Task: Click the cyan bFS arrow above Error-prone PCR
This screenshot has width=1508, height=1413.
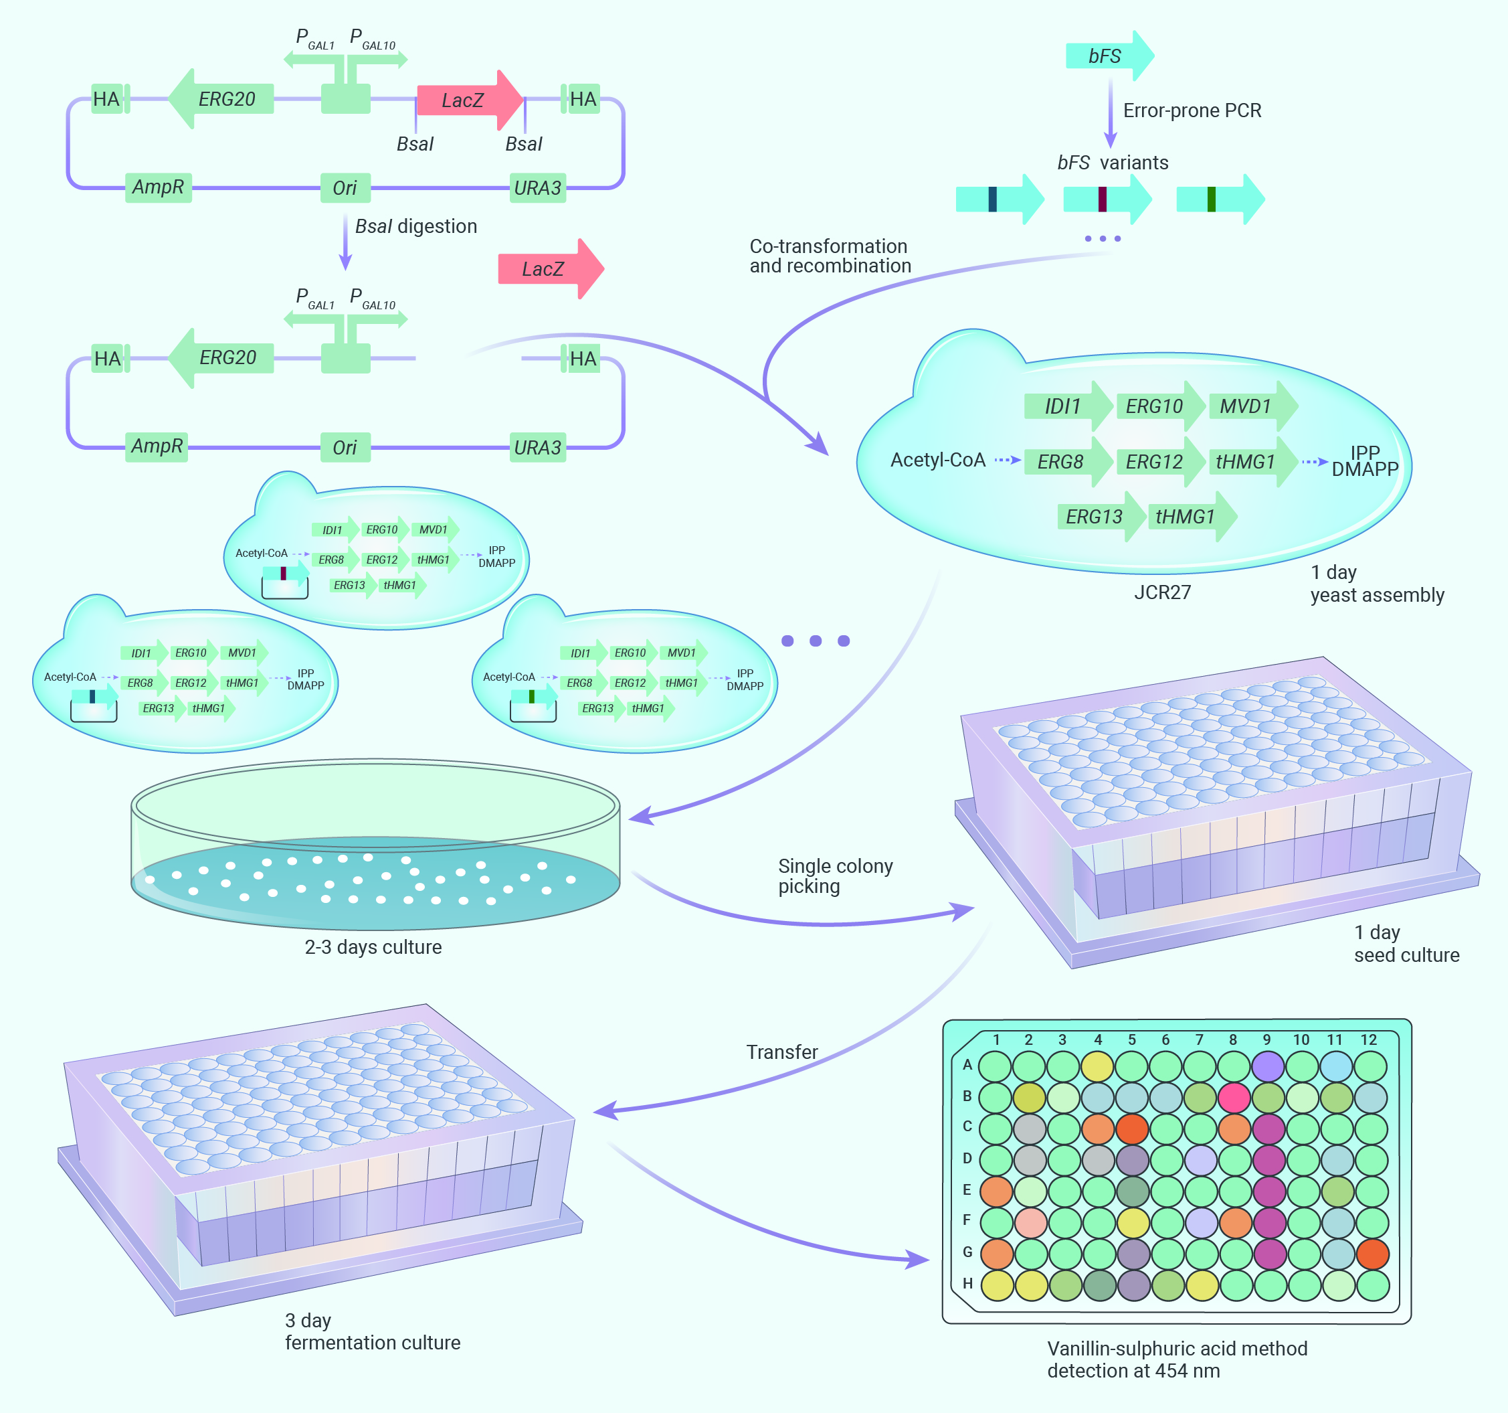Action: pos(1109,56)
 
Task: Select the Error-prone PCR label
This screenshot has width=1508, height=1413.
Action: pos(1192,111)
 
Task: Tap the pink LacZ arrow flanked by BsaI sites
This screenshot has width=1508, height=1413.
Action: pos(470,100)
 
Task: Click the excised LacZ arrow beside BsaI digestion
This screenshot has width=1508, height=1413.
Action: pos(551,268)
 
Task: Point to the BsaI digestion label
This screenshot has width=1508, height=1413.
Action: pos(415,226)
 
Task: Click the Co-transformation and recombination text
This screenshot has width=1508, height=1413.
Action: pos(830,256)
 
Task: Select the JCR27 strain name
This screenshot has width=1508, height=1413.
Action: pos(1162,592)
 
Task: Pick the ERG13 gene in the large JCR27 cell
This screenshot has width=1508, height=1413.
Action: pos(1101,517)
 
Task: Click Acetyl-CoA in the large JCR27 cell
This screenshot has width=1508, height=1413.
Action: pos(937,460)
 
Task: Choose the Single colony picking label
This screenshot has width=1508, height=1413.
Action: pos(835,876)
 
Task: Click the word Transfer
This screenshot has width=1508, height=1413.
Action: pos(781,1052)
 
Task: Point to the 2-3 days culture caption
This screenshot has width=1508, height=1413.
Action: pos(373,947)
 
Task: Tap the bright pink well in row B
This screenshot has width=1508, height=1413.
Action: pos(1234,1097)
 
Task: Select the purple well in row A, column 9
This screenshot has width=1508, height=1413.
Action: pos(1268,1066)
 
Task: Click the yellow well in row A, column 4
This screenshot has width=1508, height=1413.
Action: pos(1097,1066)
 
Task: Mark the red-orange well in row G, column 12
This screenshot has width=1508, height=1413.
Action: pos(1372,1254)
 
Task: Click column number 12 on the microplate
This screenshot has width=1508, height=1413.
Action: pos(1368,1040)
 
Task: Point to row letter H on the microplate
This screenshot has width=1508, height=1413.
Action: pos(967,1283)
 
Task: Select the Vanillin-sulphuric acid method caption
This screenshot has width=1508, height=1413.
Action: pos(1177,1359)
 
